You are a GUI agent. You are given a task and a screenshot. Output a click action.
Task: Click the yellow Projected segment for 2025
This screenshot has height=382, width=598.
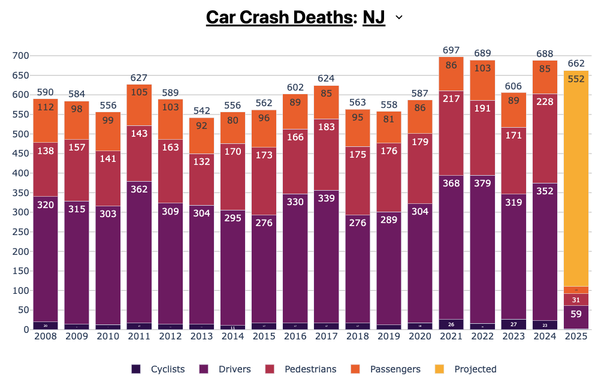[x=576, y=180]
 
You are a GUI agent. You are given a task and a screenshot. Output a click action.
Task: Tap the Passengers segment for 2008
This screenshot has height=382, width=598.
[x=46, y=120]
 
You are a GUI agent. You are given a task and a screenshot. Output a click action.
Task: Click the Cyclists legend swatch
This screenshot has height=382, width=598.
[x=137, y=369]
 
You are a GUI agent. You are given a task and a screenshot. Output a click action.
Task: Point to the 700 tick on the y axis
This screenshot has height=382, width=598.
[x=21, y=56]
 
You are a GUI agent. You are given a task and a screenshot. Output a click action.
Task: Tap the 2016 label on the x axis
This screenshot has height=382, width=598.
[x=295, y=338]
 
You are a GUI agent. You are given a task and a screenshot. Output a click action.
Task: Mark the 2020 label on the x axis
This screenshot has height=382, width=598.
[x=419, y=338]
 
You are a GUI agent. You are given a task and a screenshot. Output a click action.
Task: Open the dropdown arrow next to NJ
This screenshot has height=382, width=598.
[x=399, y=18]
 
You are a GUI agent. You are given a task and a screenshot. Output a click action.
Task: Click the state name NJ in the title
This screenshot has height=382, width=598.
[x=374, y=17]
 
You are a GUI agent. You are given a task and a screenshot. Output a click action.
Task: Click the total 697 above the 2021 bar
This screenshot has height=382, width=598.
[x=451, y=49]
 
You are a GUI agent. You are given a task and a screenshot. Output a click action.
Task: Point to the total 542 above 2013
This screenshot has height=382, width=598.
[x=201, y=110]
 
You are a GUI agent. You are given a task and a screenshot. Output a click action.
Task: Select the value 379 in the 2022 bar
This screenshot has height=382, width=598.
[x=482, y=183]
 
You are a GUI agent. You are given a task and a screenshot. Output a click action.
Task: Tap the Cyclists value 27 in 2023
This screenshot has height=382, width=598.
[x=513, y=324]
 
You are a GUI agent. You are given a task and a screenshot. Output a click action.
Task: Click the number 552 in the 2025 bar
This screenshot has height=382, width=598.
[x=576, y=78]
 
